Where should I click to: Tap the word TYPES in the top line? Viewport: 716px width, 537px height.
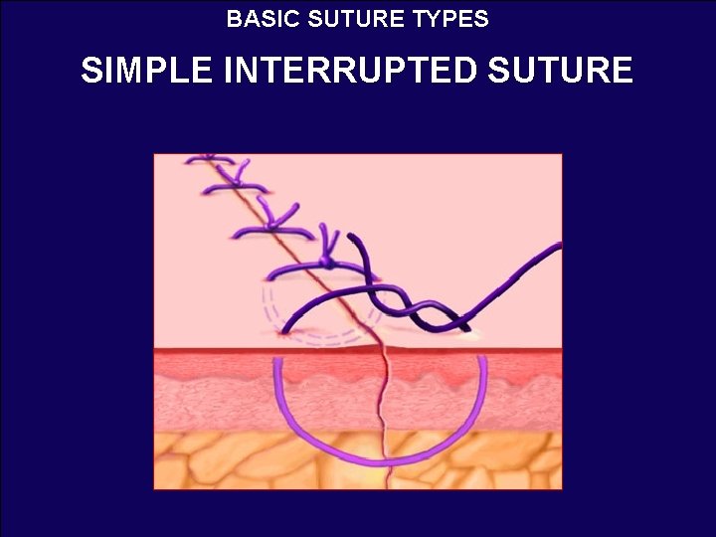[452, 19]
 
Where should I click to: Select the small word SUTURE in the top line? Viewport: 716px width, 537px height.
[357, 19]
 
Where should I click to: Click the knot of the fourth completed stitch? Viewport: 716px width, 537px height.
[327, 262]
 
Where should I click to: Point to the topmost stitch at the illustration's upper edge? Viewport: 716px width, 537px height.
[209, 159]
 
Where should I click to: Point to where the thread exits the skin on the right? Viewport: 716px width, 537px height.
[467, 333]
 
